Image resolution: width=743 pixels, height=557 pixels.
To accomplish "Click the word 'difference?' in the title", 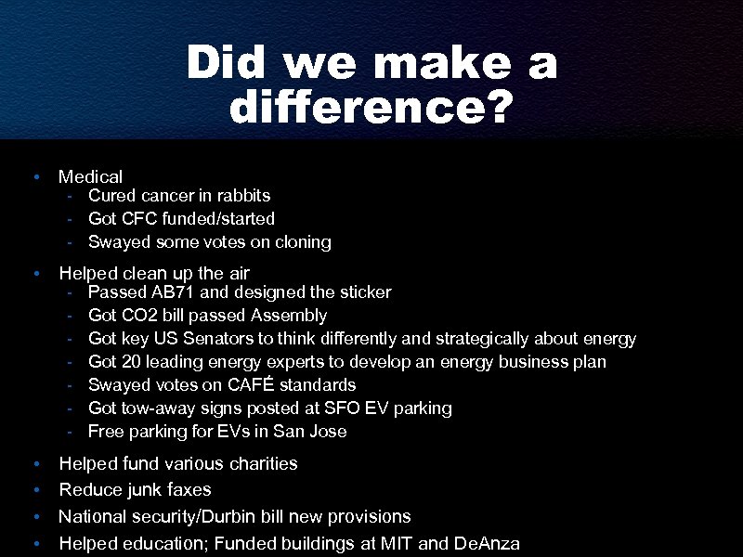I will click(x=371, y=110).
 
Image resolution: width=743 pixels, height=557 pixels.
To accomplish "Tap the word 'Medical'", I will click(x=90, y=175).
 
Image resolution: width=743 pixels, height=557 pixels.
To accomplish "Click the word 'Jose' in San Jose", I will click(x=328, y=431).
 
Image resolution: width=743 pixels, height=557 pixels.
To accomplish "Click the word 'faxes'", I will click(x=189, y=489).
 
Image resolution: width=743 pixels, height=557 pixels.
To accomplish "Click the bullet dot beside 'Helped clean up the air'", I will click(x=34, y=274).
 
